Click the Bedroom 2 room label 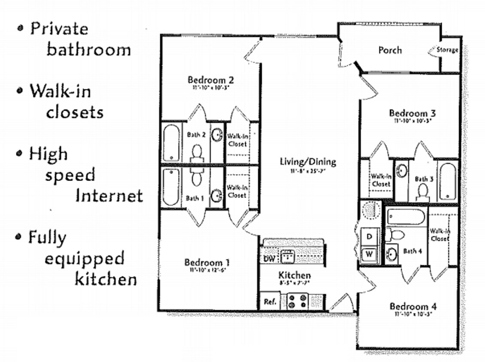pyautogui.click(x=210, y=80)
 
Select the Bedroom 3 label pyautogui.click(x=412, y=113)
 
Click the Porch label pyautogui.click(x=390, y=50)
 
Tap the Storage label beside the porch pyautogui.click(x=447, y=50)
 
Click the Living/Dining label pyautogui.click(x=308, y=162)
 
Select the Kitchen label pyautogui.click(x=294, y=275)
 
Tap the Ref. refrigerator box pyautogui.click(x=270, y=302)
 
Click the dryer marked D pyautogui.click(x=369, y=236)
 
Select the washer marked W pyautogui.click(x=369, y=254)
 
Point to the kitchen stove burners pyautogui.click(x=296, y=301)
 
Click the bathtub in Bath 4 pyautogui.click(x=406, y=217)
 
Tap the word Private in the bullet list pyautogui.click(x=59, y=29)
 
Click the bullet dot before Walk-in pyautogui.click(x=19, y=91)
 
